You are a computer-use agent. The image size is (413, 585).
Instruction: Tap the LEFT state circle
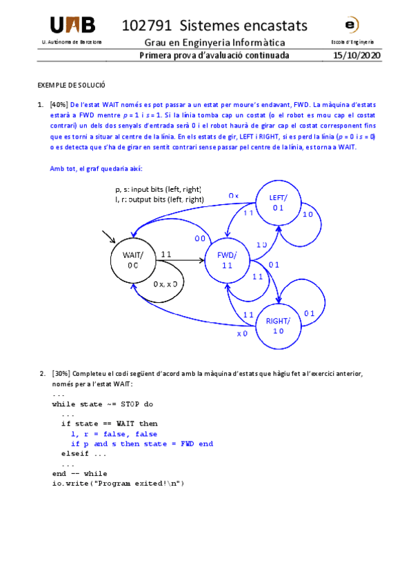click(x=278, y=202)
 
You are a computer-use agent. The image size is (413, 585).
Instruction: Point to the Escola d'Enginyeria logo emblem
click(x=352, y=26)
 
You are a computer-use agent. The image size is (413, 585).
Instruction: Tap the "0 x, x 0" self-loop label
click(x=166, y=284)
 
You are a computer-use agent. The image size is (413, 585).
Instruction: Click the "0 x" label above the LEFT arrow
click(x=234, y=196)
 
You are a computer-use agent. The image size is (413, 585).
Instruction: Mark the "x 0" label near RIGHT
click(x=242, y=334)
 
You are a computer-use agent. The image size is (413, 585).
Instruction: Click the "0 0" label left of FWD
click(x=200, y=239)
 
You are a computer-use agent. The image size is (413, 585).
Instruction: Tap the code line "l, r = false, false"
click(x=114, y=434)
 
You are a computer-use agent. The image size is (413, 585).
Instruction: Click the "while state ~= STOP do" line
click(x=103, y=404)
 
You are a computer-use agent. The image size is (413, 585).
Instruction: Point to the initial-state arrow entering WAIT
click(x=108, y=237)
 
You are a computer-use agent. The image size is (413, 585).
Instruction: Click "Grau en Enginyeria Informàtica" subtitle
click(x=214, y=43)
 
